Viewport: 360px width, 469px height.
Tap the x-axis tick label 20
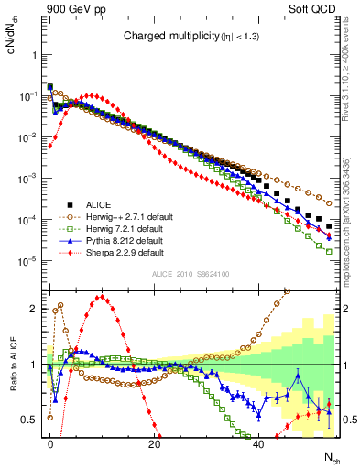click(155, 443)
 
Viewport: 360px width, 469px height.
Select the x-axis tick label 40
click(259, 443)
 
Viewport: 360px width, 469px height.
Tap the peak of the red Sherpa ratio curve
click(103, 297)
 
